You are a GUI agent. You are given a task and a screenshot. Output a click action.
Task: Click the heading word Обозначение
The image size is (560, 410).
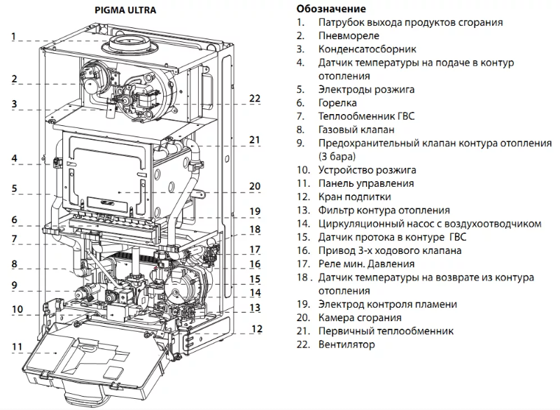(x=331, y=9)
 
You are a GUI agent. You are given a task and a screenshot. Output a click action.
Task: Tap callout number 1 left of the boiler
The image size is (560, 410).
(x=13, y=36)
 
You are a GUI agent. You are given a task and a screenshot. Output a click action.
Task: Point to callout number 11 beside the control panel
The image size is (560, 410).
(x=16, y=346)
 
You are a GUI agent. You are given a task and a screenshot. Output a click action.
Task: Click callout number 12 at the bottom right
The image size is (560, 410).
(x=256, y=329)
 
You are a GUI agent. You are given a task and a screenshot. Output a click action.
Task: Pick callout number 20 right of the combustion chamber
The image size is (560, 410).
(x=254, y=186)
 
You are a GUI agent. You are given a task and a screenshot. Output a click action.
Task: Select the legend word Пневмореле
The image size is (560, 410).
(x=349, y=36)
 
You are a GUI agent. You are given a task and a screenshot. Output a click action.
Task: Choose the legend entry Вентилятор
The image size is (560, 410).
(x=346, y=344)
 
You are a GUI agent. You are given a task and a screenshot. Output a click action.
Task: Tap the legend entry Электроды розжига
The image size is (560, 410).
(x=366, y=90)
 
